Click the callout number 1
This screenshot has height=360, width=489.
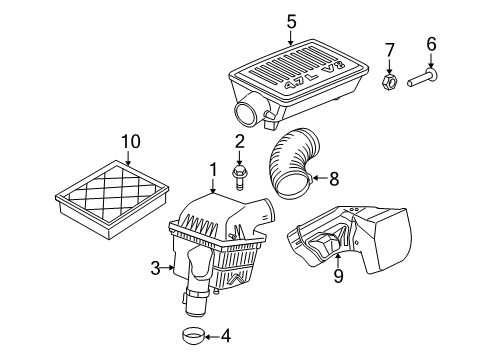coord(213,170)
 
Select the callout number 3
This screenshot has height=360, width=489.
coord(155,267)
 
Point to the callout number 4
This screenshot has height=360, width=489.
coord(226,336)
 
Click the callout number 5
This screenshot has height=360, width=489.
coord(291,20)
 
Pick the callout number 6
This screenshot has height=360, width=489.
coord(432,43)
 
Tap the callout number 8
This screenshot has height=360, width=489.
coord(334,180)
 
